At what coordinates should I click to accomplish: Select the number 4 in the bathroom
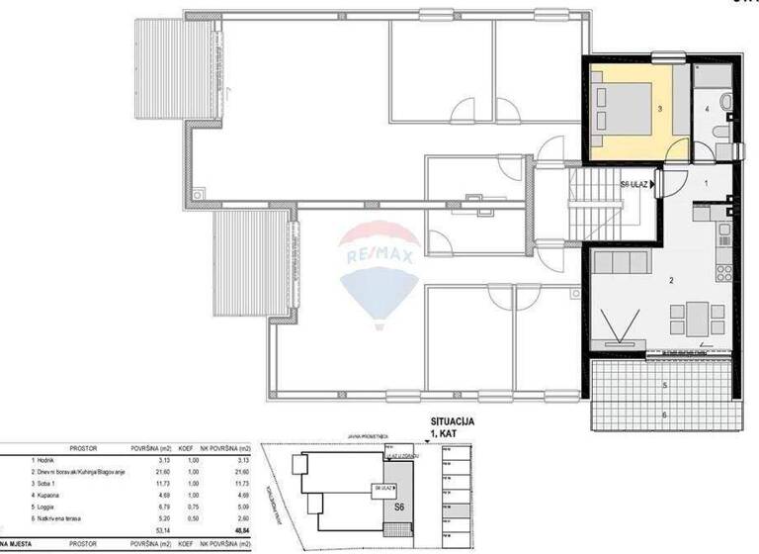[x=707, y=108]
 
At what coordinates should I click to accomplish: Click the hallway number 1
[x=706, y=184]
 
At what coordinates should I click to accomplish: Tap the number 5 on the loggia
[x=665, y=384]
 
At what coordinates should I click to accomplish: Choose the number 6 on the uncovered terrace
[x=665, y=415]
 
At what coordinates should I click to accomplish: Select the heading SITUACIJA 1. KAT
[x=453, y=427]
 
